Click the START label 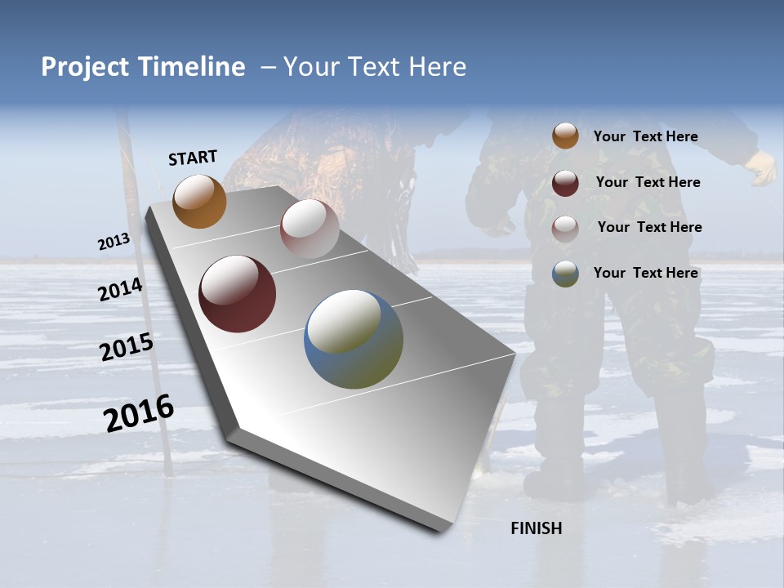click(193, 158)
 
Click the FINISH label click(537, 528)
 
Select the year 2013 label click(114, 242)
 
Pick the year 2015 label click(127, 347)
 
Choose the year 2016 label click(139, 413)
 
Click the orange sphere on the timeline click(199, 201)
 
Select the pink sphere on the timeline click(310, 228)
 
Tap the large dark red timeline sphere click(237, 294)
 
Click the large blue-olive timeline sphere click(354, 339)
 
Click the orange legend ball click(565, 136)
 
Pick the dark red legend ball click(565, 183)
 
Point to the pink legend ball click(565, 229)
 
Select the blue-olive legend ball click(565, 274)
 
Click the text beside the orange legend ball click(645, 136)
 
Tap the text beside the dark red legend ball click(648, 182)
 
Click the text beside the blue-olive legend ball click(645, 273)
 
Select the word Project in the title click(86, 67)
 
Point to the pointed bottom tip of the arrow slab click(441, 531)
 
